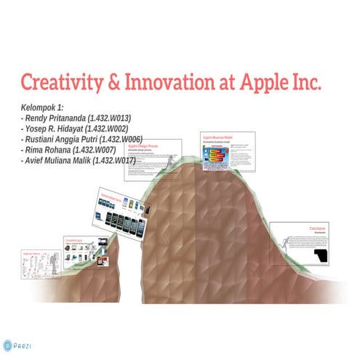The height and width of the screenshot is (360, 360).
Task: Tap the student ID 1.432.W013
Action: point(108,118)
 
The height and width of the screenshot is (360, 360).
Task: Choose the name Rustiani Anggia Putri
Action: point(59,138)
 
